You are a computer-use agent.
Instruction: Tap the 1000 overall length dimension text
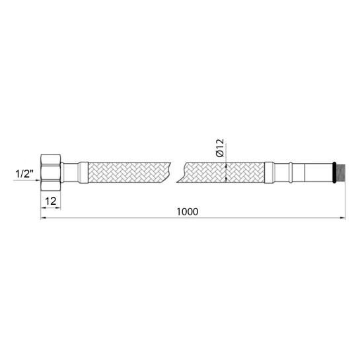click(188, 211)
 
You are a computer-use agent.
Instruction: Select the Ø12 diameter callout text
click(220, 148)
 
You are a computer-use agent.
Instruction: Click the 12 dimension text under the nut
click(51, 201)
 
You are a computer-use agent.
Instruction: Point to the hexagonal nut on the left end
click(50, 172)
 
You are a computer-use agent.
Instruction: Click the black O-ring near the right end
click(334, 172)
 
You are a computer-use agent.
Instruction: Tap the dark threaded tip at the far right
click(341, 172)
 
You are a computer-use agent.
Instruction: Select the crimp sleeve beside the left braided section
click(83, 172)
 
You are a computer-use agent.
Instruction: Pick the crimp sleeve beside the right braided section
click(269, 172)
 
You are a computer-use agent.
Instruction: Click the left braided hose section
click(129, 172)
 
